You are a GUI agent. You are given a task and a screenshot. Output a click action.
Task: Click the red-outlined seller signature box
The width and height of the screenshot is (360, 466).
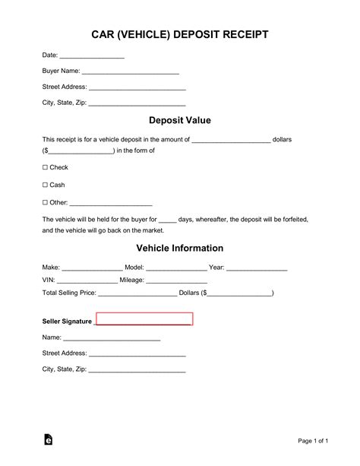pos(144,319)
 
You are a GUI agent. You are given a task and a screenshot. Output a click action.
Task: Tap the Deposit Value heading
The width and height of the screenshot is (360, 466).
pos(179,120)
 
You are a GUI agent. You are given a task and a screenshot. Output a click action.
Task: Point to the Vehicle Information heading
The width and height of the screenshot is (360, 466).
pos(179,248)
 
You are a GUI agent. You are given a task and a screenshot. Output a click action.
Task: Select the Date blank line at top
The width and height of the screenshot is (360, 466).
pos(92,57)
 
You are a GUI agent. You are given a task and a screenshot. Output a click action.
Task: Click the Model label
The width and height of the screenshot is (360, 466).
pos(134,268)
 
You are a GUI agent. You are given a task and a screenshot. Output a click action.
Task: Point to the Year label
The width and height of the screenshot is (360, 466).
pos(216,268)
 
